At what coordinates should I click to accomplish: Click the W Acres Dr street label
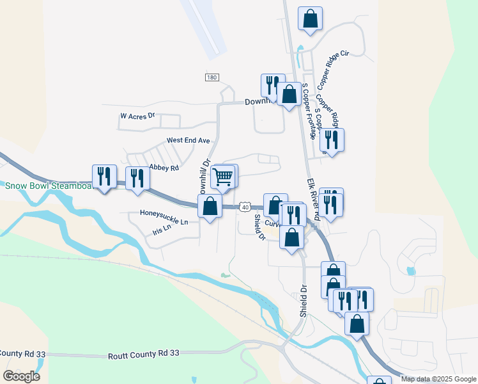click(138, 116)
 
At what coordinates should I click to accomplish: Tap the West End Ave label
click(188, 140)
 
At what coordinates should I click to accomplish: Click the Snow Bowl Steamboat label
click(47, 186)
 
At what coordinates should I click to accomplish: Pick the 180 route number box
click(212, 77)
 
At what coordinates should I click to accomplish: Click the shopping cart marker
click(222, 177)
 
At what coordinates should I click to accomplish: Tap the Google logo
click(21, 376)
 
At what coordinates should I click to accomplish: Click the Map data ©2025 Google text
click(438, 379)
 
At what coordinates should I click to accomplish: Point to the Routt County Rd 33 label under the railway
click(144, 353)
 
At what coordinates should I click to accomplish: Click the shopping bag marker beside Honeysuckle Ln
click(210, 207)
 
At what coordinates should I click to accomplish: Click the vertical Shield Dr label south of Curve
click(303, 301)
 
